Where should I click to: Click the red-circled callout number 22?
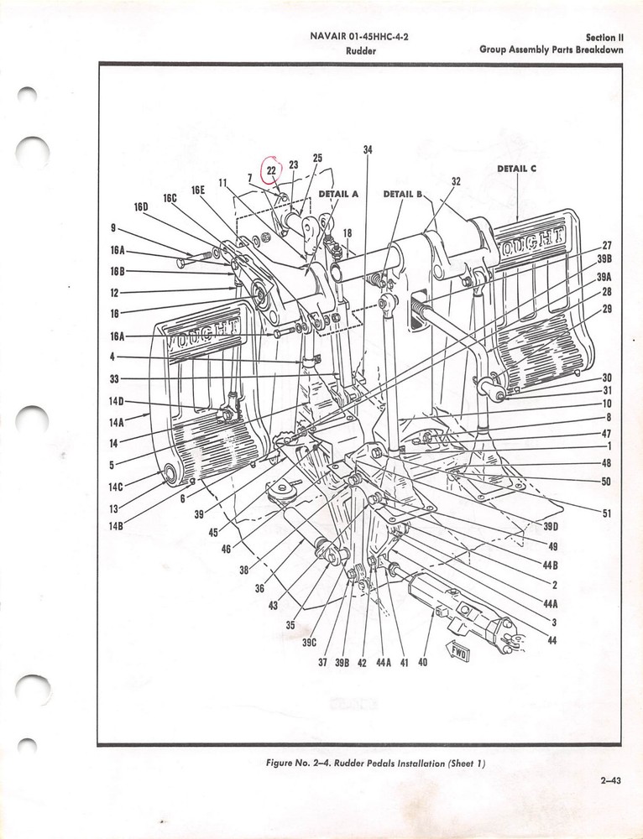(x=271, y=170)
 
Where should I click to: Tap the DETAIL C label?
(x=517, y=169)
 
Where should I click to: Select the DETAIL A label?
(x=338, y=194)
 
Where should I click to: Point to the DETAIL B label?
(x=403, y=194)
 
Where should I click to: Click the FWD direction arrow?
(x=459, y=652)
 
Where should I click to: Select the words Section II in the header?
(x=602, y=38)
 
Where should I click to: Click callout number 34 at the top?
(x=368, y=150)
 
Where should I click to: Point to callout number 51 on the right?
(x=606, y=513)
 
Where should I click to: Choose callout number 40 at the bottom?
(x=422, y=662)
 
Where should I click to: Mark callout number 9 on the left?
(x=113, y=227)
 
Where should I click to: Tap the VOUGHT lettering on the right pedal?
(x=534, y=239)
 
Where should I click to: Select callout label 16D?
(x=141, y=206)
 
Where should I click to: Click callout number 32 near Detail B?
(x=456, y=181)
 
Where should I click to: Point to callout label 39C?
(x=310, y=643)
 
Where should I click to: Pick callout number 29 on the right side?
(x=607, y=309)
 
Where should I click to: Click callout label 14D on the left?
(x=116, y=402)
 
